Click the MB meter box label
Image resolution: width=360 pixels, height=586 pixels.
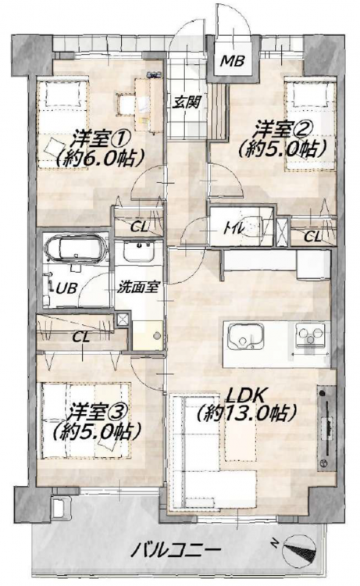(232, 60)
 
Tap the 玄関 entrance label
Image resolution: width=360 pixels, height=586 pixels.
(187, 102)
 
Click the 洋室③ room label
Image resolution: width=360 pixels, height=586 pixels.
(98, 413)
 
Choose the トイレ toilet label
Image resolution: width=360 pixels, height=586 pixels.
(233, 228)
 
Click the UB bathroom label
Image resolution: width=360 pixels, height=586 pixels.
(67, 288)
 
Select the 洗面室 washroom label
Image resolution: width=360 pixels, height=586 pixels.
(138, 288)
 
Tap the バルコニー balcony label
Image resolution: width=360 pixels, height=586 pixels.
(176, 550)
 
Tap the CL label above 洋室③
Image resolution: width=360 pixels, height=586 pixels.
(81, 338)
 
